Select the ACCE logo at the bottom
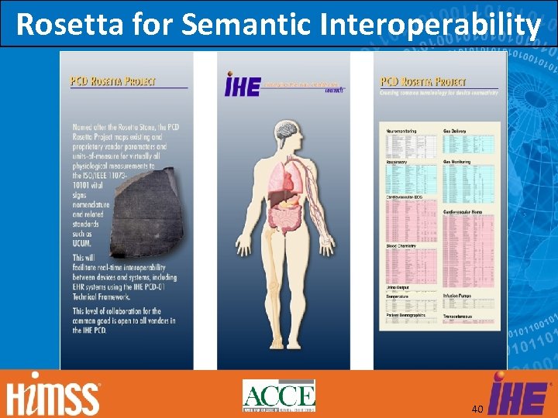[278, 396]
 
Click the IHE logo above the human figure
[243, 86]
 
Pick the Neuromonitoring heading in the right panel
[401, 132]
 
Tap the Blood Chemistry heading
[401, 246]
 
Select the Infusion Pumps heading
[459, 295]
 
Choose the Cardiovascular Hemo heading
[463, 212]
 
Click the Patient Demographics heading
[406, 316]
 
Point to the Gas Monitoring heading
[457, 162]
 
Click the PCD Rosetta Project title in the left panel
[113, 81]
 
